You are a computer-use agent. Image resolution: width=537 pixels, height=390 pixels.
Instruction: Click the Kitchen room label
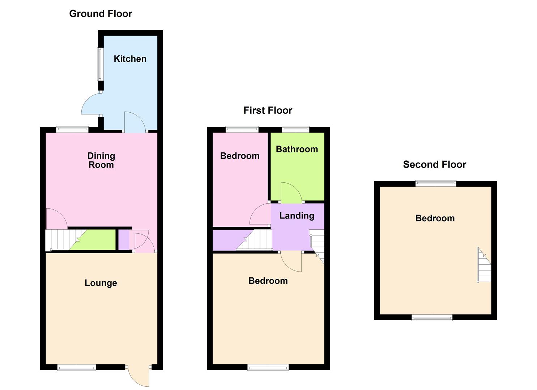coord(130,59)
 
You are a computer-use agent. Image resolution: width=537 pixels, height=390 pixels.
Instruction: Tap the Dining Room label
coord(101,160)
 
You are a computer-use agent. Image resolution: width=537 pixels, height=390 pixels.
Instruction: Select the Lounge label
coord(101,283)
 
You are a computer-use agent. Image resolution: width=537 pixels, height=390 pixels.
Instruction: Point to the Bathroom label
coord(297,149)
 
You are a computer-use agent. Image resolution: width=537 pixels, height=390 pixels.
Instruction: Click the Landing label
coord(297,216)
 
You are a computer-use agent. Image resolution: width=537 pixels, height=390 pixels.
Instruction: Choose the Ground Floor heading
coord(101,14)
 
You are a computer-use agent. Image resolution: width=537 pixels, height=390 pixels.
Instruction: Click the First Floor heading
coord(268,110)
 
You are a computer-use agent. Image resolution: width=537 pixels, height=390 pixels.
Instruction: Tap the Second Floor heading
coord(434,165)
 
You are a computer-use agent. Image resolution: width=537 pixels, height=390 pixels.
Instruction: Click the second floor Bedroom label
coord(435,218)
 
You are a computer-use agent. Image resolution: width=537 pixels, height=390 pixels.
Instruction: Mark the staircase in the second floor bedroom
coord(484,265)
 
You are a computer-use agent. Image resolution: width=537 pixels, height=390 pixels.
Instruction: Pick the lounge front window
coord(77,368)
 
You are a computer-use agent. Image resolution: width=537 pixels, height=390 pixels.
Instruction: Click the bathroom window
coord(295,129)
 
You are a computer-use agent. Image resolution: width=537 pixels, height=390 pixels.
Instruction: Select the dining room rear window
coord(72,129)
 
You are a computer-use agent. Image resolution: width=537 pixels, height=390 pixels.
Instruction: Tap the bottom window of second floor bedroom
coord(432,317)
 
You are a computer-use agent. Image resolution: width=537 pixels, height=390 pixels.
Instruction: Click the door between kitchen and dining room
coord(135,122)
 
